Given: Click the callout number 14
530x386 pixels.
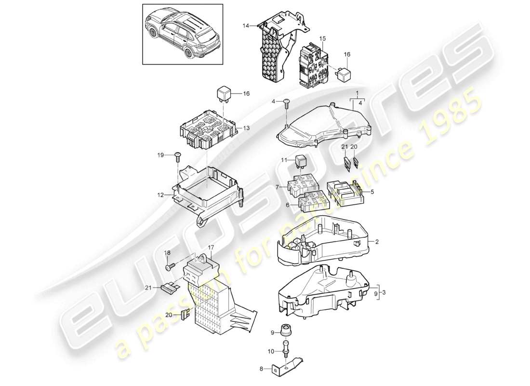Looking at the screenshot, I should tap(245, 26).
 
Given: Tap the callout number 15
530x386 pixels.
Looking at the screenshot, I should tap(322, 38).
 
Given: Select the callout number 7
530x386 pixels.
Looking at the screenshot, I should tap(277, 186).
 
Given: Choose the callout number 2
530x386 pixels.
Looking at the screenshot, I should tap(378, 242).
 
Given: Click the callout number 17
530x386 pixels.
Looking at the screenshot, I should tap(211, 248).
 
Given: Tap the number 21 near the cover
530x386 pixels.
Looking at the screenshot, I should tap(344, 147).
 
